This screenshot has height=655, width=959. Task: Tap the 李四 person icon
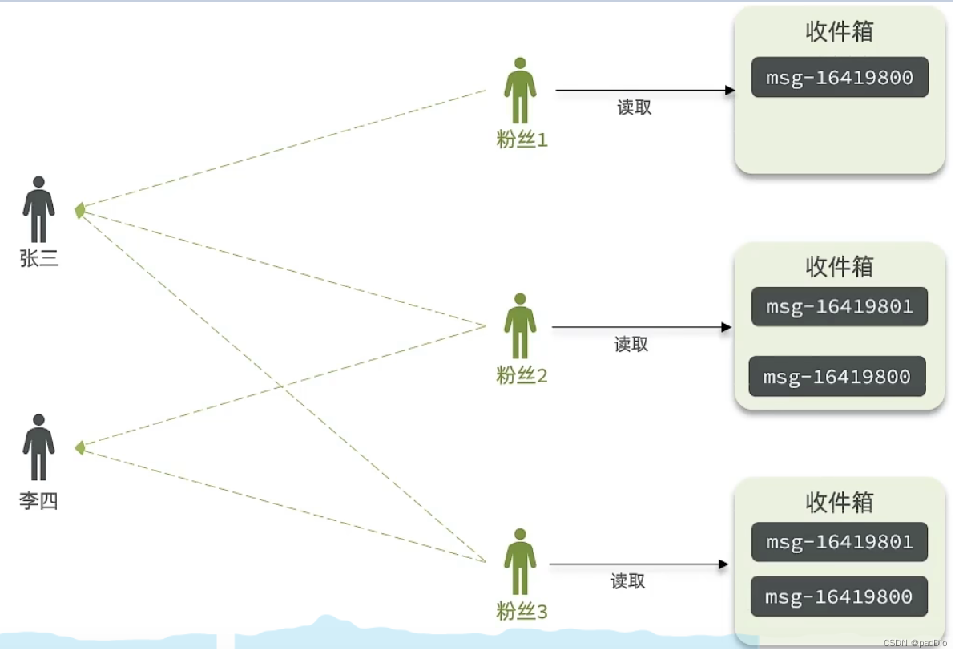click(x=38, y=447)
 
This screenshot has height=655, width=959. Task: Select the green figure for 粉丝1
click(x=520, y=90)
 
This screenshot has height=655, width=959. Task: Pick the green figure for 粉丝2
click(x=520, y=325)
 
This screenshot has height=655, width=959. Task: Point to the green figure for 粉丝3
click(x=520, y=561)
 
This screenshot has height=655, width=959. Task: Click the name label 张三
click(x=39, y=259)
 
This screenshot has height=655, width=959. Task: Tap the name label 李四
click(x=38, y=502)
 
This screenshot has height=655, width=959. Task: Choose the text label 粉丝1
click(x=522, y=140)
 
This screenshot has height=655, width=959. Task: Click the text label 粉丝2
click(x=522, y=375)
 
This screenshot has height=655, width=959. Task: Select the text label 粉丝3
click(x=522, y=613)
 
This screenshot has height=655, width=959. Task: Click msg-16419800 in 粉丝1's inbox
click(x=840, y=78)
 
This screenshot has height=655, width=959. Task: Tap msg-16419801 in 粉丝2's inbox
click(x=839, y=307)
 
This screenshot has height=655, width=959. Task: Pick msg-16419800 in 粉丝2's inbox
click(x=836, y=377)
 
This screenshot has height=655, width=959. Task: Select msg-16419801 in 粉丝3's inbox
click(x=839, y=543)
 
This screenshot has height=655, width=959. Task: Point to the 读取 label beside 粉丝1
click(x=635, y=108)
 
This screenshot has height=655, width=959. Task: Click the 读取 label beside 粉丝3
click(x=628, y=582)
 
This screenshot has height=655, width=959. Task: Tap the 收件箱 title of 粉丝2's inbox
click(x=839, y=266)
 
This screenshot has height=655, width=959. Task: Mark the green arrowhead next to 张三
click(x=79, y=210)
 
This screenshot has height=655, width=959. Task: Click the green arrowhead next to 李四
click(x=79, y=447)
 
